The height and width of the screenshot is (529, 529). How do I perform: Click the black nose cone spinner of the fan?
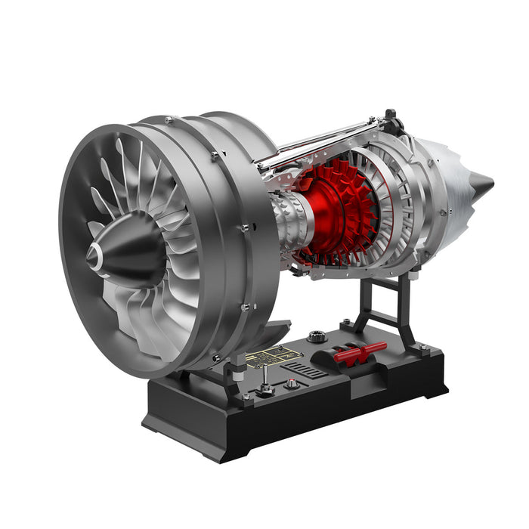[125, 249]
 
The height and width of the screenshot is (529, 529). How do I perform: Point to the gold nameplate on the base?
[275, 355]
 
